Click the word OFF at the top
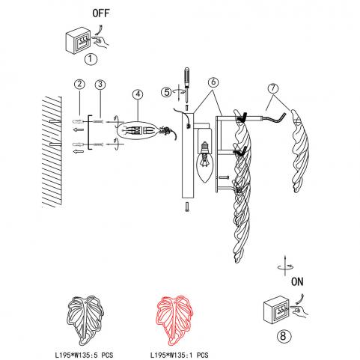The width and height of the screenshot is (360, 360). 101,13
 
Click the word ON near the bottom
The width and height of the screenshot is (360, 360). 297,282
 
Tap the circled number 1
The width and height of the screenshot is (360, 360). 91,59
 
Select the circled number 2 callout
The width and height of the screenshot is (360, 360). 79,84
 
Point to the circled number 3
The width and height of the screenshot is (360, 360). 100,85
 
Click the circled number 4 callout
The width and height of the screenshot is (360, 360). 138,94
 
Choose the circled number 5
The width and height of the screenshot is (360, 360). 167,92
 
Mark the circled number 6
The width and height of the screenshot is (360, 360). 213,82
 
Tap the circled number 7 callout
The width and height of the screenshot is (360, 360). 273,88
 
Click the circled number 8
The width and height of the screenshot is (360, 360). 283,336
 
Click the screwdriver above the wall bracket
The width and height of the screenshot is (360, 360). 187,85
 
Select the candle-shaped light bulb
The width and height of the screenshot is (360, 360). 204,162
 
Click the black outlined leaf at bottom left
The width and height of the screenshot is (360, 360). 85,320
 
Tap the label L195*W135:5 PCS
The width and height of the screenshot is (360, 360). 84,355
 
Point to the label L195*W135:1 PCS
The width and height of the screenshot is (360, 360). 179,355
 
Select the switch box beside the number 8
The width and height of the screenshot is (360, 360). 276,310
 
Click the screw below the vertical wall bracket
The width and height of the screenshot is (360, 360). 187,207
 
